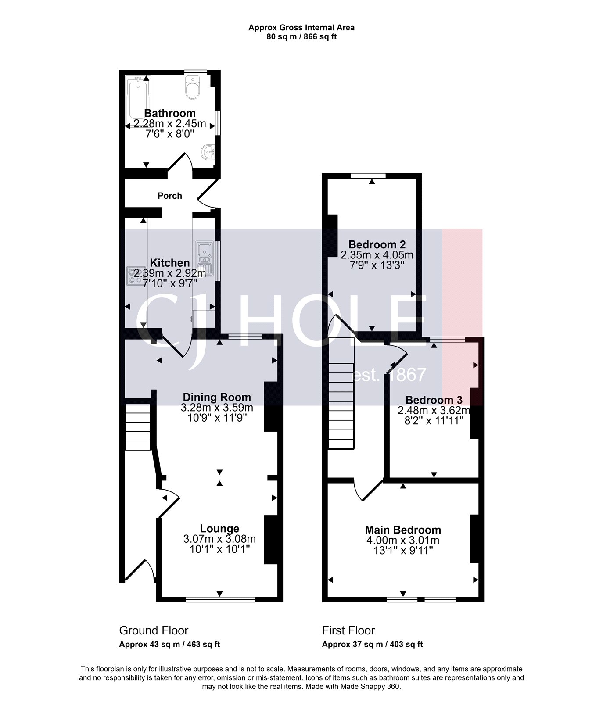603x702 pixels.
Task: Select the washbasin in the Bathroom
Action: coord(207,153)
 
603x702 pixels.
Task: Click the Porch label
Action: coord(170,196)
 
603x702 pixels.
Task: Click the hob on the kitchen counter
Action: coord(132,276)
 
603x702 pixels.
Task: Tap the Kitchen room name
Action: coord(170,263)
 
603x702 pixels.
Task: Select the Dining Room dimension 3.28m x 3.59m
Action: coord(217,408)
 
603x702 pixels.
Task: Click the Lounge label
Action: coord(219,529)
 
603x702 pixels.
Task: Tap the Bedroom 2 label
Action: coord(377,244)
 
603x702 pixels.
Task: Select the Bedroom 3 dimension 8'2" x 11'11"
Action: coord(434,421)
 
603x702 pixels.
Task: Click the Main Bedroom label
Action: coord(403,530)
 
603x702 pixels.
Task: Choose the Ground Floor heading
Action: coord(154,630)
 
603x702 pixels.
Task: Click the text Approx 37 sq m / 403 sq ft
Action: coord(372,645)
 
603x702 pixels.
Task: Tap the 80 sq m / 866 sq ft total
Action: coord(301,37)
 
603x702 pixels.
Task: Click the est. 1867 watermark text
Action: coord(390,375)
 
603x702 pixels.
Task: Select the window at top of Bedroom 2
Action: coord(368,175)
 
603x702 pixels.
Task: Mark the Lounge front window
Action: coord(220,599)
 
